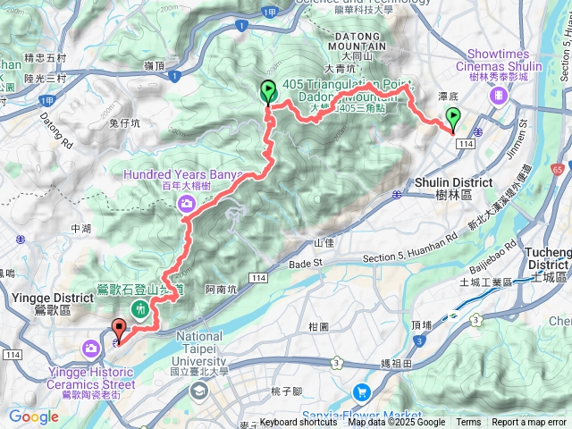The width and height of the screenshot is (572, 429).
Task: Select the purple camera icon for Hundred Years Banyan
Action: click(x=188, y=205)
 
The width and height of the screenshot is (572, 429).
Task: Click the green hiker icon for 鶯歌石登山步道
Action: click(x=140, y=309)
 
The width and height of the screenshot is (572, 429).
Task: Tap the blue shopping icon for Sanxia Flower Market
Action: click(x=362, y=391)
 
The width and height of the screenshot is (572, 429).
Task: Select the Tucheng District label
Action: click(x=549, y=259)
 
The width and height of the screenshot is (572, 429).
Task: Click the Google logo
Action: click(x=34, y=416)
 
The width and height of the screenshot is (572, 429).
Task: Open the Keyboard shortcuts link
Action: click(x=299, y=423)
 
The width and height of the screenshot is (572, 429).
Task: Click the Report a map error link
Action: click(x=529, y=423)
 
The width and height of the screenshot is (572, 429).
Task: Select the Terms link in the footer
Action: click(x=468, y=423)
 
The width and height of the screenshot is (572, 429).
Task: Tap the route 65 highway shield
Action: click(x=558, y=167)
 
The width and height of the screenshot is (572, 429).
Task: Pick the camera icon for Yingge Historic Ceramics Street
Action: click(x=92, y=347)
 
